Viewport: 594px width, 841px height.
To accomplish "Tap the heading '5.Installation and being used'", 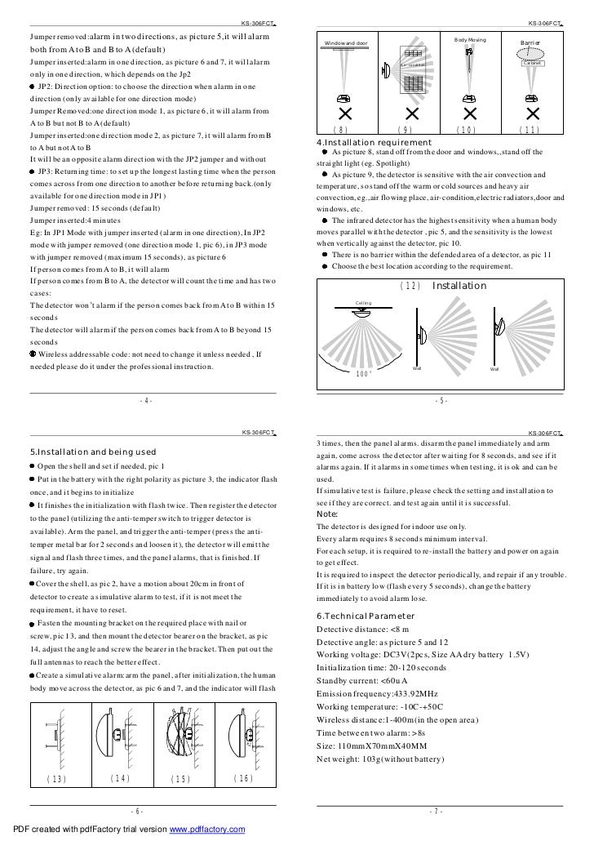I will tap(92, 452).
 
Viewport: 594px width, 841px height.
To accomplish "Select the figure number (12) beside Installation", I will tap(411, 286).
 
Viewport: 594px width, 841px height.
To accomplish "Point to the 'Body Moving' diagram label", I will tap(470, 39).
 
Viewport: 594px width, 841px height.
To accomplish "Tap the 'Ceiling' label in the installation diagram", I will tap(365, 302).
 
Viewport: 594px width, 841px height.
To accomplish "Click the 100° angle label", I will tap(365, 373).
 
